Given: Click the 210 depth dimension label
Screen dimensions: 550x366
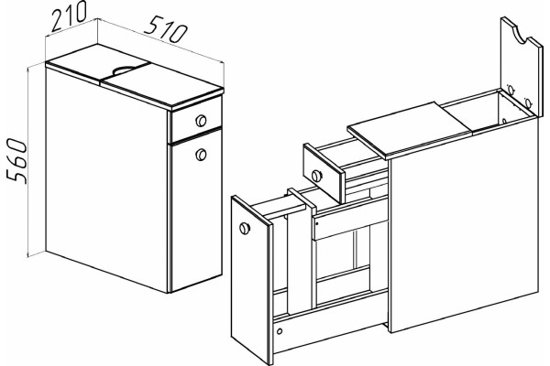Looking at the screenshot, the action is point(69,17).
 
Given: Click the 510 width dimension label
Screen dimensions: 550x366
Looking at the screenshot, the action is point(168,29).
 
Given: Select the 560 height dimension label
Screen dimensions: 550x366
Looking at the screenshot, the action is point(16,161).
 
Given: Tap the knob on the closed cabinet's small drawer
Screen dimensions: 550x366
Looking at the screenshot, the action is point(201,121).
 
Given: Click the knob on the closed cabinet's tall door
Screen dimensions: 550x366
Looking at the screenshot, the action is point(201,155).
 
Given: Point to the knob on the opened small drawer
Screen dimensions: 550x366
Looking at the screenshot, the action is point(316,176).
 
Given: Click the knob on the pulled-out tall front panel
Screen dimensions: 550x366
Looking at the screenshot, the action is point(245,229).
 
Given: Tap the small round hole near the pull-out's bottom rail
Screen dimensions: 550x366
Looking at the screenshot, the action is point(280,331).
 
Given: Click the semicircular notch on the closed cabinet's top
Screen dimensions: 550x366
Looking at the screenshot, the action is point(126,70).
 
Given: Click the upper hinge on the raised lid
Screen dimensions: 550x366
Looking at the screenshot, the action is point(511,90).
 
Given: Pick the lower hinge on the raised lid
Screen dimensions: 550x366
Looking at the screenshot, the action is point(527,103).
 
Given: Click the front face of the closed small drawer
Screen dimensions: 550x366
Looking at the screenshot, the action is point(196,120).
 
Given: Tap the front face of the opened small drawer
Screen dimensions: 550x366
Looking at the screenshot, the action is point(323,174).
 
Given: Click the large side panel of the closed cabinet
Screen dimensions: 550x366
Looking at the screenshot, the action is point(107,178).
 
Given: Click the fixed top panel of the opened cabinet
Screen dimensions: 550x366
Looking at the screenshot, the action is point(409,130).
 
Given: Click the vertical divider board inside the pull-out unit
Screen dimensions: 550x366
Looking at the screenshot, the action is point(299,253).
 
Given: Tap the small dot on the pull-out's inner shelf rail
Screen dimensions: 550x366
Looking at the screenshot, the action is point(317,222).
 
